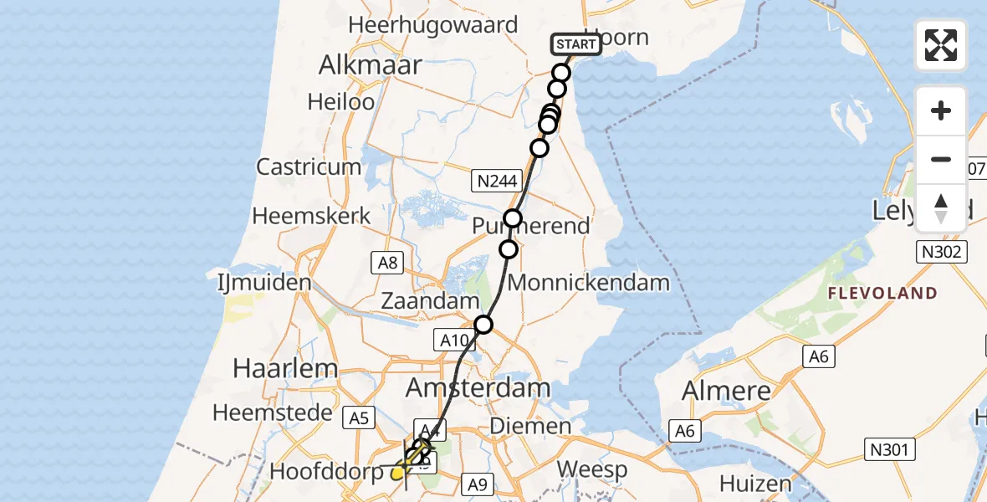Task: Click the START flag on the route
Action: coord(576,44)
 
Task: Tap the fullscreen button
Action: coord(941,45)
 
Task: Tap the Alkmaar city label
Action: coord(369,65)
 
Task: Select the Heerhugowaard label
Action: coord(433,25)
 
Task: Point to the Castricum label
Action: coord(309,166)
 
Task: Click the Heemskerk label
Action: coord(311,216)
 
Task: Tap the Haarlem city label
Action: coord(274,368)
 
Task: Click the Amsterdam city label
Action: coord(478,388)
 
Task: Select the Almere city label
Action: coord(726,391)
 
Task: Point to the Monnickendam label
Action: coord(589,283)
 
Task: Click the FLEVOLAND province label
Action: coord(882,294)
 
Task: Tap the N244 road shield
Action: coord(496,180)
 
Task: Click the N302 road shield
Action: coord(944,251)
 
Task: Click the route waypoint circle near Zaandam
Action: coord(483,325)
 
